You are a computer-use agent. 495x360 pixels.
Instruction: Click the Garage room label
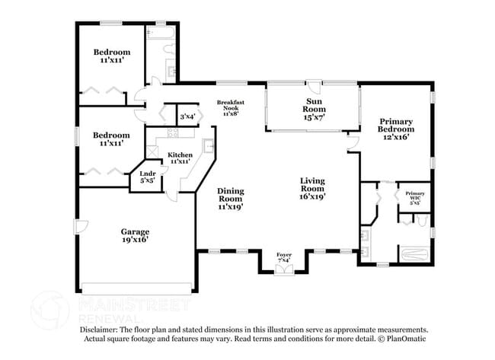click(x=134, y=234)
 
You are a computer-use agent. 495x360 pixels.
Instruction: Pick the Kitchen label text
click(x=180, y=158)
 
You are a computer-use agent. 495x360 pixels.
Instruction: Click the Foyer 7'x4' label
click(x=283, y=258)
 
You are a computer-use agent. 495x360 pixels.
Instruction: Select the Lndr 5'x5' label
click(x=147, y=177)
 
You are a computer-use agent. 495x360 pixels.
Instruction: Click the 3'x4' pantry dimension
click(x=187, y=116)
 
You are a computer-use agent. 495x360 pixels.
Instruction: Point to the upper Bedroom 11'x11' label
click(x=112, y=56)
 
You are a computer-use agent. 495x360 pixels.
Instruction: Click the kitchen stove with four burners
click(x=172, y=134)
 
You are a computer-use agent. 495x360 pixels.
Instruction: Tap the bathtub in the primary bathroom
click(x=414, y=251)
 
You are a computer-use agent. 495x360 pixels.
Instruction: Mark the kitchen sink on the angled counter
click(x=208, y=146)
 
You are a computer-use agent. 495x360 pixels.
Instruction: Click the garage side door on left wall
click(x=78, y=226)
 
